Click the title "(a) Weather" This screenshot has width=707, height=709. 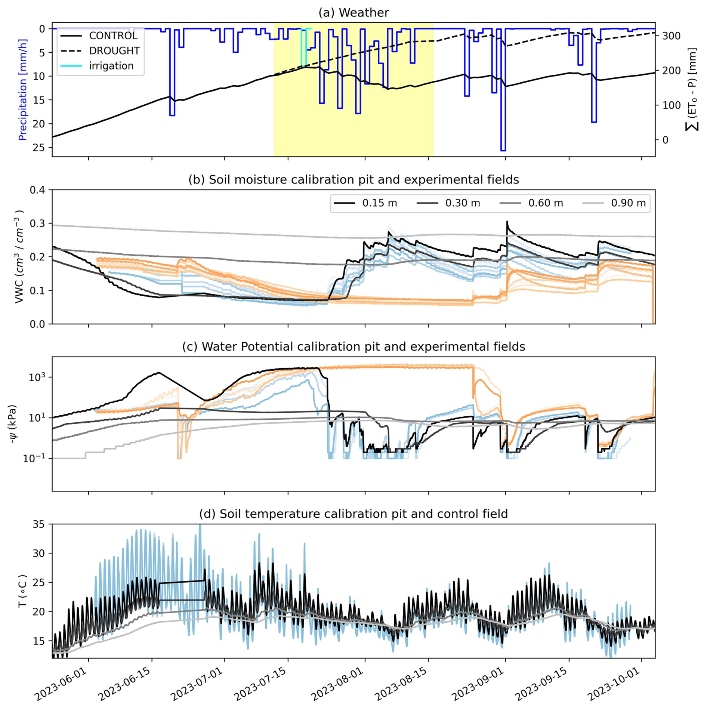[353, 13]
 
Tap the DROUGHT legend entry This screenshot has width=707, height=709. [114, 51]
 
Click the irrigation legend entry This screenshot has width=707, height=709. [111, 66]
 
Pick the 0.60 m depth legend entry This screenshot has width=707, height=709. [545, 203]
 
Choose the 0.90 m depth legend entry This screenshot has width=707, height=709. [628, 203]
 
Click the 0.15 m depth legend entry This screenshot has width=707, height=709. [379, 203]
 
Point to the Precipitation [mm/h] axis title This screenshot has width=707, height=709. [23, 90]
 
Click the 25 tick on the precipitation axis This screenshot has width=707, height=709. [38, 147]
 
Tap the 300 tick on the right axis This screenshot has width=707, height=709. [671, 36]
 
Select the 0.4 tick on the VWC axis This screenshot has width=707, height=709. [37, 190]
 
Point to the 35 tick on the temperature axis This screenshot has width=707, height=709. [38, 524]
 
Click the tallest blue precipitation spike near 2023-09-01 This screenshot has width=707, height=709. [503, 149]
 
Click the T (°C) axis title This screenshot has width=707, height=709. [23, 591]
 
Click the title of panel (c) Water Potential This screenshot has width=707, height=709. [353, 347]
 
